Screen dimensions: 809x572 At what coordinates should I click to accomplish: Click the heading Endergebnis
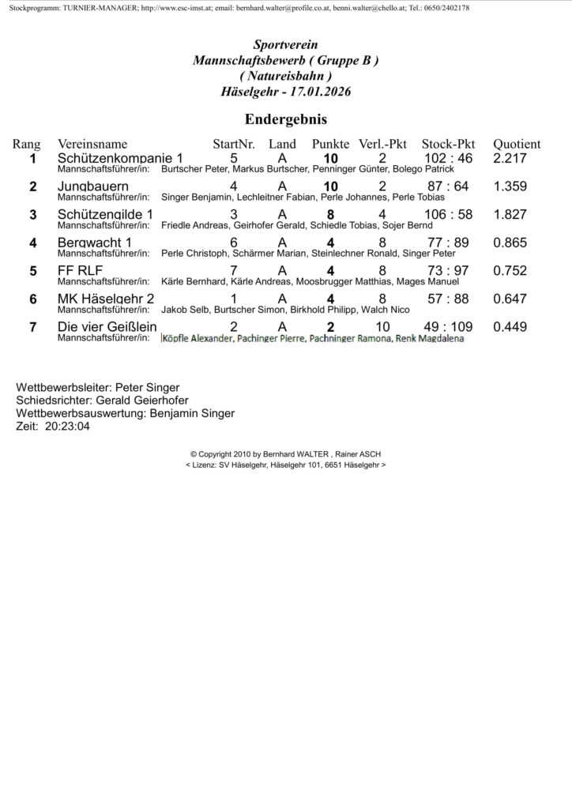286,119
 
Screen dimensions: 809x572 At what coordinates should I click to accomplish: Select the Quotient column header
517,145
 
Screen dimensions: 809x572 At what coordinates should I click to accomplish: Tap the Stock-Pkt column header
448,145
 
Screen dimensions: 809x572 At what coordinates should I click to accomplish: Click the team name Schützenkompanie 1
120,158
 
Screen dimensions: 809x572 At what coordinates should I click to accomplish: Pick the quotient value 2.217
510,158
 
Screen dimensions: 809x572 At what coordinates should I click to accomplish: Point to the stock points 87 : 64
448,186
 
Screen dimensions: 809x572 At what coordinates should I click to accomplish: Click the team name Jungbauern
93,186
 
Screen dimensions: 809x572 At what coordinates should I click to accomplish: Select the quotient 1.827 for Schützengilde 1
510,215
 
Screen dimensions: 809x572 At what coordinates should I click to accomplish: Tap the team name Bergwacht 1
95,243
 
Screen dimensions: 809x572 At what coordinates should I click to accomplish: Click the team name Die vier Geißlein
107,327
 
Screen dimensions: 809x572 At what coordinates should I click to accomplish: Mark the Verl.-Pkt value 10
382,327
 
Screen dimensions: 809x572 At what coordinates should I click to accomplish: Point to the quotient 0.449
510,327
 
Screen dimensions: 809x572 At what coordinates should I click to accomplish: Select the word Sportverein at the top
285,47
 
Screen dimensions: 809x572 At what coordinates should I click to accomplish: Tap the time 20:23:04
67,425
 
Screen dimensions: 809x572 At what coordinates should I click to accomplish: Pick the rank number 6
33,299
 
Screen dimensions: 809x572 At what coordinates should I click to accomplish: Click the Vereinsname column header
92,145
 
